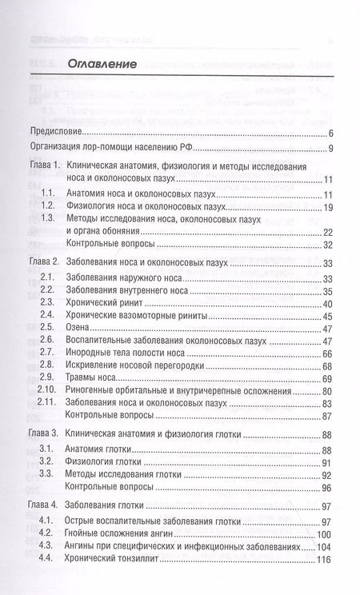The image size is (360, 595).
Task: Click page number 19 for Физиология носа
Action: point(327,207)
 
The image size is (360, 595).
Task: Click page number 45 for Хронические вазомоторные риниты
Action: point(327,317)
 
